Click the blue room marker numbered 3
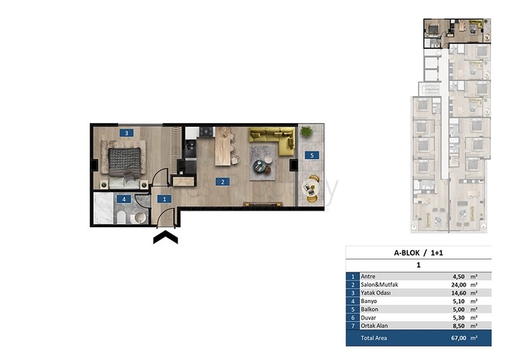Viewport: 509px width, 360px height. (126, 133)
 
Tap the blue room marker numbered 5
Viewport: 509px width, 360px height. (312, 155)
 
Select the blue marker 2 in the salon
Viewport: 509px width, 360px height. (223, 182)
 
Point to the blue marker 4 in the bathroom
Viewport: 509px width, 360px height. (124, 199)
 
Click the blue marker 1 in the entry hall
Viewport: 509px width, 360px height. (164, 199)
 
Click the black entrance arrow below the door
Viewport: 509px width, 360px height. (166, 236)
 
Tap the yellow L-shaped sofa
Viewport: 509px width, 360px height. (272, 139)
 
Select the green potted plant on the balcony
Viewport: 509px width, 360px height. (306, 131)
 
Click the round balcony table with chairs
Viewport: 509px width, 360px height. (310, 188)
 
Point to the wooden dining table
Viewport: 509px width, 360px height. (223, 146)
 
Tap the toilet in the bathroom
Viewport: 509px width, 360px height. (121, 217)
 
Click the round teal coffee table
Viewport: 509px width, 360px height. (259, 166)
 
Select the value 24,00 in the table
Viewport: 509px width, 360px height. (459, 285)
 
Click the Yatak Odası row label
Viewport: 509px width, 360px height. (376, 292)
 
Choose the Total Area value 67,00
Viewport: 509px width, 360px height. (458, 338)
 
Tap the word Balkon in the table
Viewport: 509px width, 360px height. (370, 309)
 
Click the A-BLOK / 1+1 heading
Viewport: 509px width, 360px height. (418, 253)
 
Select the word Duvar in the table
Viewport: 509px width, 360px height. (368, 318)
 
